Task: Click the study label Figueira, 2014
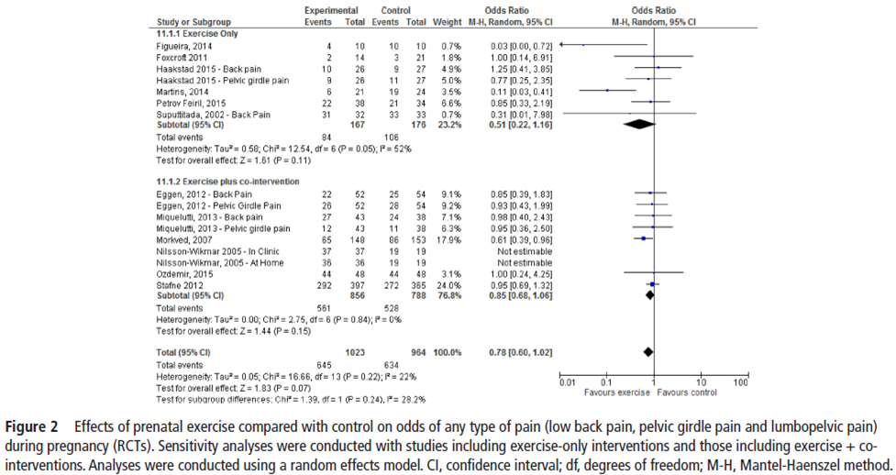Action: pyautogui.click(x=184, y=45)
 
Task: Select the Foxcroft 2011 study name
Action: pyautogui.click(x=182, y=57)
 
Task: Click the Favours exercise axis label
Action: pyautogui.click(x=616, y=392)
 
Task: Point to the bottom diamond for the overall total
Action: pyautogui.click(x=648, y=351)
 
